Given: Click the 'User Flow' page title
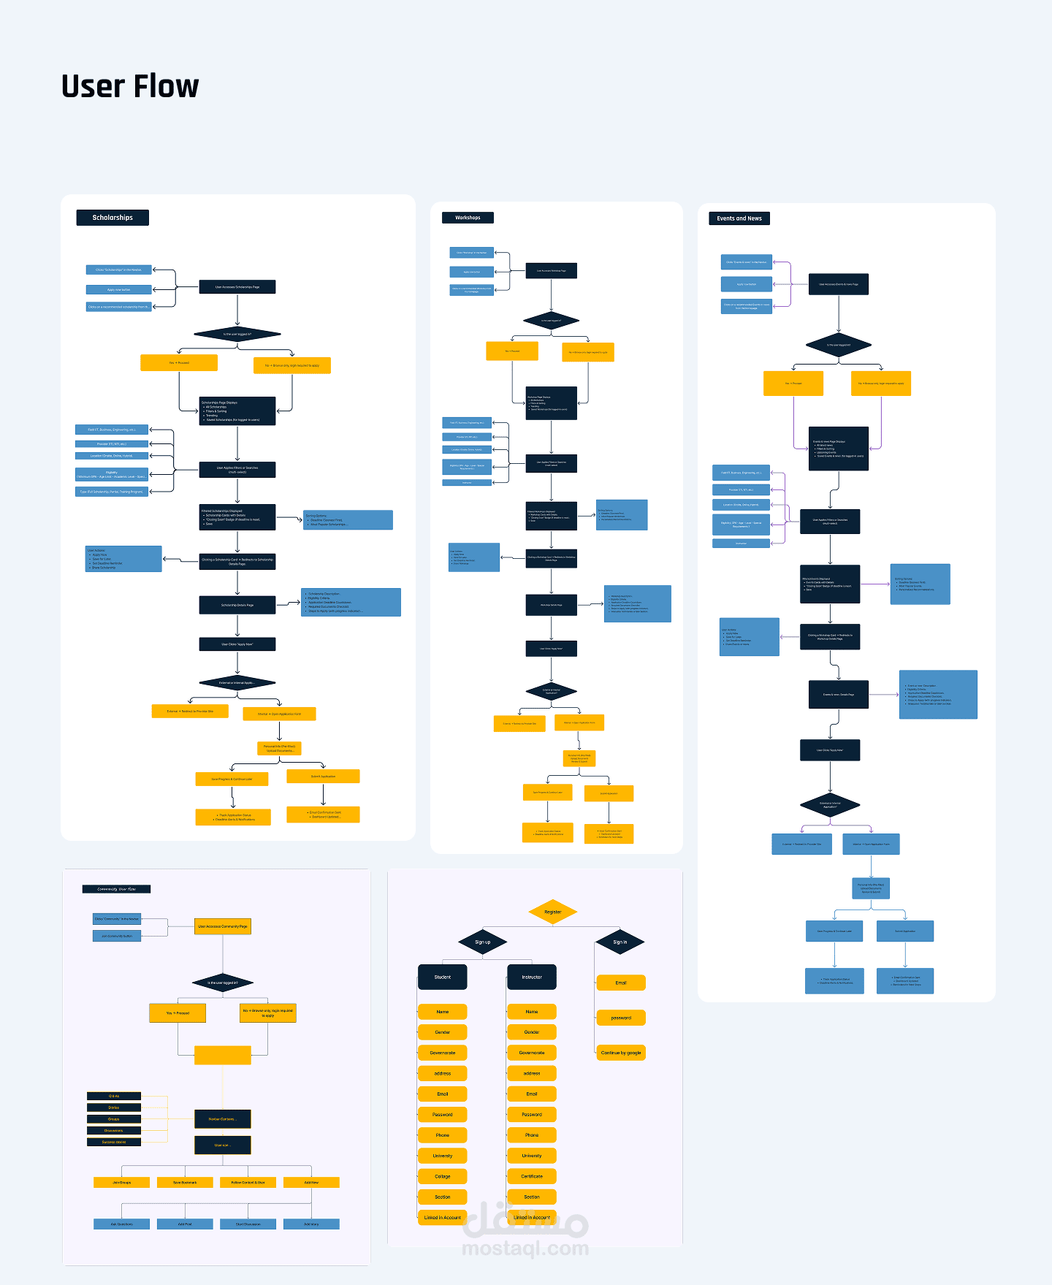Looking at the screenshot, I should click(130, 86).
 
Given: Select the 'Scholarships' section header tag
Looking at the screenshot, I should click(113, 218).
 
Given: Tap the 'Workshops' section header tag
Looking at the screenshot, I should click(468, 218).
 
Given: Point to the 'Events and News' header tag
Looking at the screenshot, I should click(739, 218).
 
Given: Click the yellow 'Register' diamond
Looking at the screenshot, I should click(553, 912).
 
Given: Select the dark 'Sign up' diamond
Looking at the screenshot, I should click(482, 942).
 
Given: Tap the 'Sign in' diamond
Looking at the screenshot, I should click(620, 942).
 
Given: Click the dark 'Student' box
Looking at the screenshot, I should click(442, 977).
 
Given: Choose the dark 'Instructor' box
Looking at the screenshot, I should click(532, 977).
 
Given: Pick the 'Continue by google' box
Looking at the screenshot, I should click(621, 1053).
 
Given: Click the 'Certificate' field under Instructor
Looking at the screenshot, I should click(532, 1176).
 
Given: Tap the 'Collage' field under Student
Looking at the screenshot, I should click(442, 1176).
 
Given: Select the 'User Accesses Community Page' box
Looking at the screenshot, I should click(223, 926).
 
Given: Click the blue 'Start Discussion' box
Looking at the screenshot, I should click(248, 1224).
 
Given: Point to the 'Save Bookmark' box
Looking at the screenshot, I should click(185, 1182).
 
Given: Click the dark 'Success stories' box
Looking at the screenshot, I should click(114, 1142).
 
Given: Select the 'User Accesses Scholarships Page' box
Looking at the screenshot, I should click(237, 287).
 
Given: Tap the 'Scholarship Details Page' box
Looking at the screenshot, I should click(237, 605).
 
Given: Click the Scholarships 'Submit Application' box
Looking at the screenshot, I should click(323, 777).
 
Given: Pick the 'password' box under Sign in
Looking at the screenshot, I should click(621, 1018).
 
